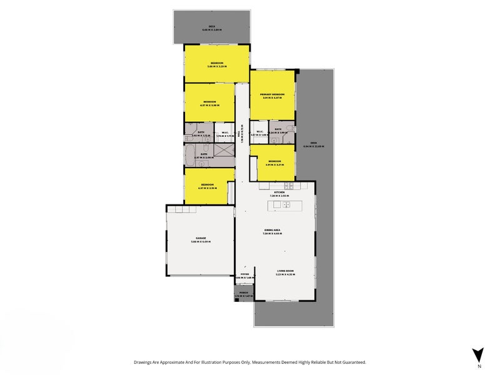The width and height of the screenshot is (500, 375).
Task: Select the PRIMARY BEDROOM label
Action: pyautogui.click(x=272, y=94)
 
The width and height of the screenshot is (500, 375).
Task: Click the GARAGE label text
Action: pyautogui.click(x=201, y=239)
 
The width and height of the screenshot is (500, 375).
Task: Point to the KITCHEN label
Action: pyautogui.click(x=278, y=192)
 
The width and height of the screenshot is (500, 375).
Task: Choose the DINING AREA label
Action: pyautogui.click(x=273, y=231)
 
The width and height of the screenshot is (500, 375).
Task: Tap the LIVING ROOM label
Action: pyautogui.click(x=286, y=271)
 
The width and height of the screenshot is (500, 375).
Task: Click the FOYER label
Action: pyautogui.click(x=245, y=274)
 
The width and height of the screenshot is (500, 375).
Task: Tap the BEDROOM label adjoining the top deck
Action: pyautogui.click(x=217, y=63)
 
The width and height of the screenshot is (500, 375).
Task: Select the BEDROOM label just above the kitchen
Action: pyautogui.click(x=275, y=161)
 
